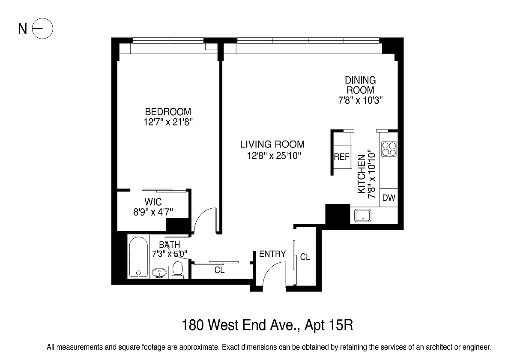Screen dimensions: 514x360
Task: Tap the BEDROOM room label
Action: pyautogui.click(x=168, y=112)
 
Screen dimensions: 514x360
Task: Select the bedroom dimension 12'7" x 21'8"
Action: pyautogui.click(x=168, y=122)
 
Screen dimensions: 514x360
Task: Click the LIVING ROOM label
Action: pyautogui.click(x=272, y=144)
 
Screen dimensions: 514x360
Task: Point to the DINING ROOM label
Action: pyautogui.click(x=361, y=85)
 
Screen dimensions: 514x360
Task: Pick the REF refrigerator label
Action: pyautogui.click(x=342, y=157)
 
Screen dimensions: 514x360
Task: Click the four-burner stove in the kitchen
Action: pyautogui.click(x=389, y=149)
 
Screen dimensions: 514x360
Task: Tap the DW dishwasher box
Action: pyautogui.click(x=389, y=198)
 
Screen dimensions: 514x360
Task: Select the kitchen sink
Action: pyautogui.click(x=362, y=215)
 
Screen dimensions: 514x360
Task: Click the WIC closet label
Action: pyautogui.click(x=153, y=202)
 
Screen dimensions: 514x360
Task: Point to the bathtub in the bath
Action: pyautogui.click(x=138, y=257)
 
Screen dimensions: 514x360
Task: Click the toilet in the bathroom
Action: pyautogui.click(x=178, y=270)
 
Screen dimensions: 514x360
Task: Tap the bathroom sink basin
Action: pyautogui.click(x=159, y=273)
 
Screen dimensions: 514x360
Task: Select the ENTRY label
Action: pyautogui.click(x=272, y=254)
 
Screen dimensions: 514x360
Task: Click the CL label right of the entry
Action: pyautogui.click(x=305, y=257)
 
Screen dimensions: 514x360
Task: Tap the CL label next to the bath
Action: pyautogui.click(x=219, y=270)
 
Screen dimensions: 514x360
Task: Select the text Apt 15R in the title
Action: pyautogui.click(x=329, y=325)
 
